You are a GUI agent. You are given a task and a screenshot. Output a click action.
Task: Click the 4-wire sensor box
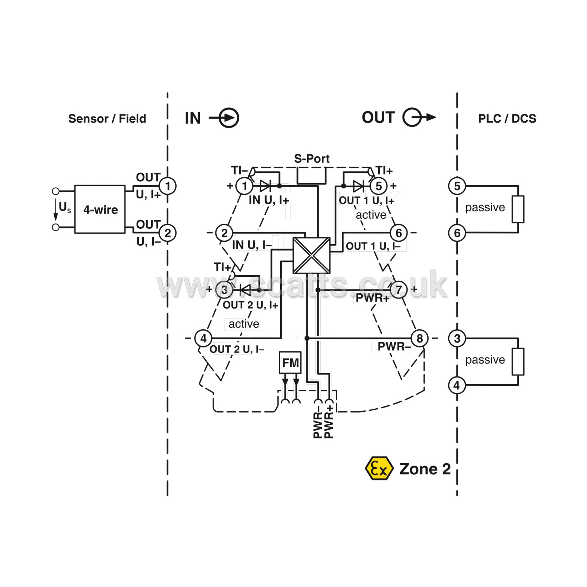coord(100,209)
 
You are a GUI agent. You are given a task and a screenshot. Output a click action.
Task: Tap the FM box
coord(290,363)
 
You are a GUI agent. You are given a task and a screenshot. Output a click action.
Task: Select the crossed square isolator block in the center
coord(311,255)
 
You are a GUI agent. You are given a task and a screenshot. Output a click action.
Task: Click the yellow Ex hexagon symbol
coord(379,468)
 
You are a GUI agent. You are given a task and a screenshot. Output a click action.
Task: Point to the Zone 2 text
coord(425,469)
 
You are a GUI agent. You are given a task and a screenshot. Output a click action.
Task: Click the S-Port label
coord(311,158)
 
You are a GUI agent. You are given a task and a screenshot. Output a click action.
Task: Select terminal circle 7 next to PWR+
coord(399,290)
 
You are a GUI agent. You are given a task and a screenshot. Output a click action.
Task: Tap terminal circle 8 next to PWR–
coord(420,338)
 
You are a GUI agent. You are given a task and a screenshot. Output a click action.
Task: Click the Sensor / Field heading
coord(107,119)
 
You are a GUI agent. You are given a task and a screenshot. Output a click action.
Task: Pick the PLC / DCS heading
coord(507,119)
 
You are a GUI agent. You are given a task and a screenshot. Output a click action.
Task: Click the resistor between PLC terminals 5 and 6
coord(518,209)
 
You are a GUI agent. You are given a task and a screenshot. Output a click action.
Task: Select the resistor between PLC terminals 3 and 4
coord(518,361)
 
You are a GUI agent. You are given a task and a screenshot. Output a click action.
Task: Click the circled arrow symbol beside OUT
coord(415,117)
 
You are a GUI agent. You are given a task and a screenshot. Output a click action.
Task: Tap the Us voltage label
coord(65,207)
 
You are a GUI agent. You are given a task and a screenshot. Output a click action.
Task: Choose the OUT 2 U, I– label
coord(237,349)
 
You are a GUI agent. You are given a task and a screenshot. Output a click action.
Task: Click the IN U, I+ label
coord(269,200)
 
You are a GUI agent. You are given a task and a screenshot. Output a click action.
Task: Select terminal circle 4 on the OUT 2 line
coord(203,338)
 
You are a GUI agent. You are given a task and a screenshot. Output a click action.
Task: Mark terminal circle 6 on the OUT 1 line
coord(399,233)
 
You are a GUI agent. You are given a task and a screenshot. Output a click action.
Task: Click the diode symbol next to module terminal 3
coord(245,290)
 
